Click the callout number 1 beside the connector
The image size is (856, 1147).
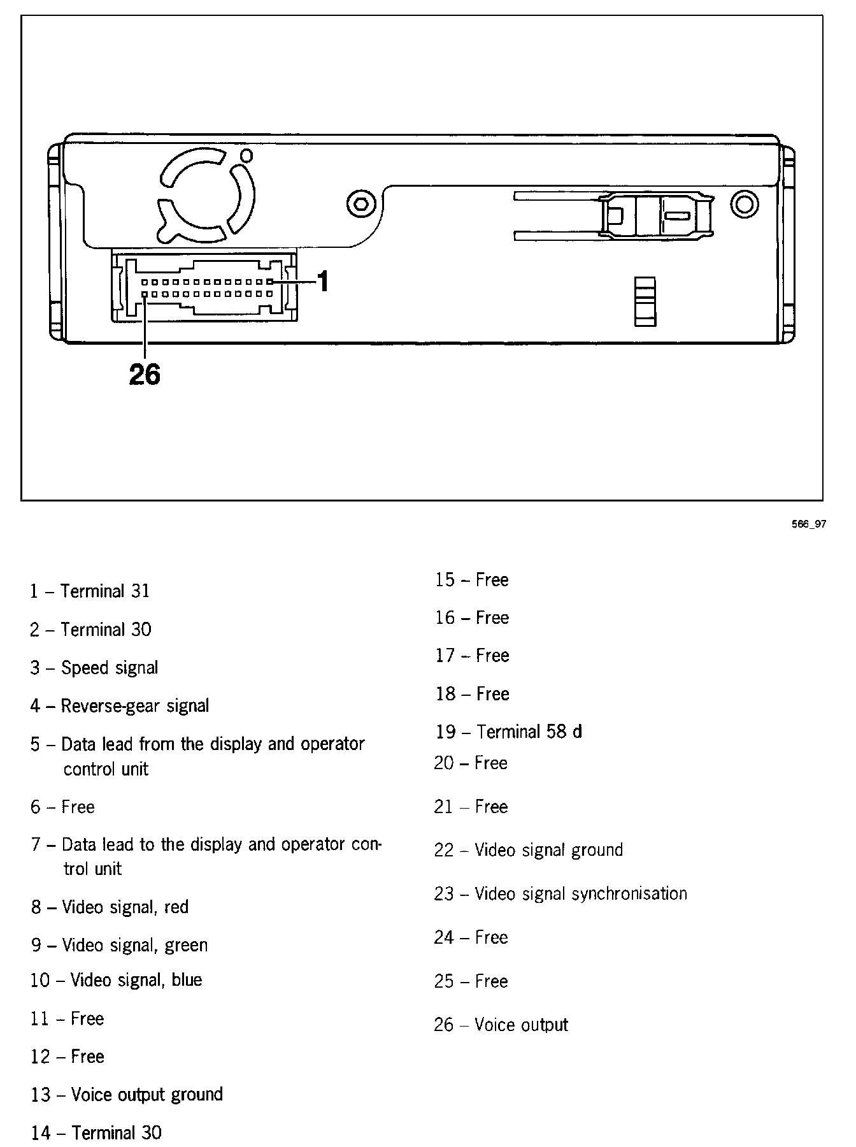[324, 281]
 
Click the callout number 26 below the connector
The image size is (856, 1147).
[145, 374]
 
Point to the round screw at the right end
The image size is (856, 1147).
[744, 205]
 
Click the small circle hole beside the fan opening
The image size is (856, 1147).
[246, 155]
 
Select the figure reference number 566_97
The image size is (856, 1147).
[808, 524]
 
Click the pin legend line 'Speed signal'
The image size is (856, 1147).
[94, 668]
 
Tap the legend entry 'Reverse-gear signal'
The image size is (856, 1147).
[120, 706]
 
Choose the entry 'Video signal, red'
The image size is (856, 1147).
[110, 907]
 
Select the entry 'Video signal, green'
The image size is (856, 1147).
[119, 945]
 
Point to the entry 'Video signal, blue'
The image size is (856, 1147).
[116, 980]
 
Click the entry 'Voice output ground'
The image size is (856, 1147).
[127, 1095]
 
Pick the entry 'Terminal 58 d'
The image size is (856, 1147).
[509, 732]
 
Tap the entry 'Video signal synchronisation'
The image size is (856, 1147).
[560, 894]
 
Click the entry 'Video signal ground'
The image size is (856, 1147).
[529, 850]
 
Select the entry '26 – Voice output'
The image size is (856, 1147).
[501, 1025]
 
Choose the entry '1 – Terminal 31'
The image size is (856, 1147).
[90, 591]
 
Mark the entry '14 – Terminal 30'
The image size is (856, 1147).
[96, 1133]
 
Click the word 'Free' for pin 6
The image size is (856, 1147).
[78, 807]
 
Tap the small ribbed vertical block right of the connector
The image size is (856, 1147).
[645, 301]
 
